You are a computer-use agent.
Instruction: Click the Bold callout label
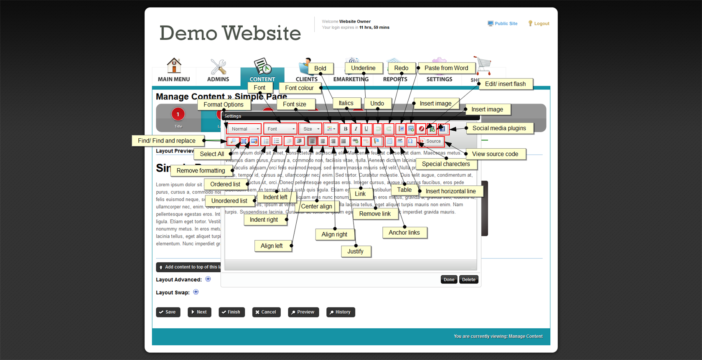click(320, 68)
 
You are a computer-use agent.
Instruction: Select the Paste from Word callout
click(446, 68)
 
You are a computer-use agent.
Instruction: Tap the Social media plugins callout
click(499, 128)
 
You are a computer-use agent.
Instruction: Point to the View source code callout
click(495, 154)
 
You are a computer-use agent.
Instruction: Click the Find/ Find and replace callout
click(167, 141)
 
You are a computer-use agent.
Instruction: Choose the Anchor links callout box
click(404, 233)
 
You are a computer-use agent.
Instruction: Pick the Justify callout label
click(355, 251)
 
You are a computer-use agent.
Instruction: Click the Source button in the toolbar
click(431, 141)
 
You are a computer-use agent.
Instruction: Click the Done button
click(449, 280)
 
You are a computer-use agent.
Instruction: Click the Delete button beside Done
click(468, 280)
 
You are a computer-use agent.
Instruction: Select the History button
click(340, 312)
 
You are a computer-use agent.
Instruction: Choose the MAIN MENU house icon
click(174, 66)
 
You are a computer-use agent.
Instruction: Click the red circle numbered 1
click(178, 114)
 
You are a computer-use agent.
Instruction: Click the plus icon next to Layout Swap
click(196, 292)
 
